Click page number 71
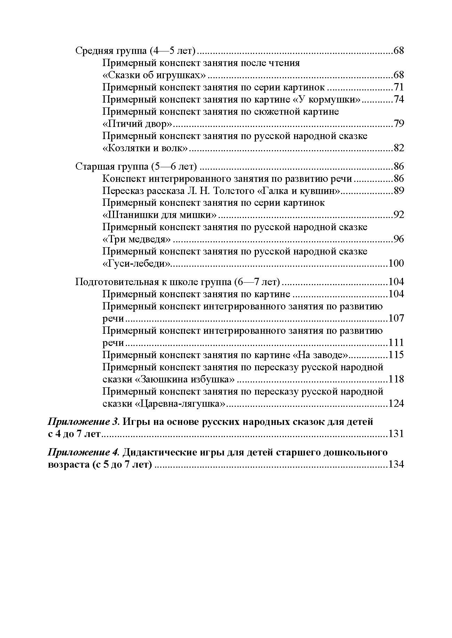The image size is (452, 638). coord(398,87)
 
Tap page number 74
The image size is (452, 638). coord(398,99)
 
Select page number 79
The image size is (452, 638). coord(398,124)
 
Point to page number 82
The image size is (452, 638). coord(398,148)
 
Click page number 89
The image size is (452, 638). coord(398,191)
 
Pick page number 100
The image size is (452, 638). coord(396,263)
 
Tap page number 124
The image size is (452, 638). coord(396,404)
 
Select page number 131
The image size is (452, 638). coord(396,434)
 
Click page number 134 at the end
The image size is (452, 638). coord(396,465)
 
